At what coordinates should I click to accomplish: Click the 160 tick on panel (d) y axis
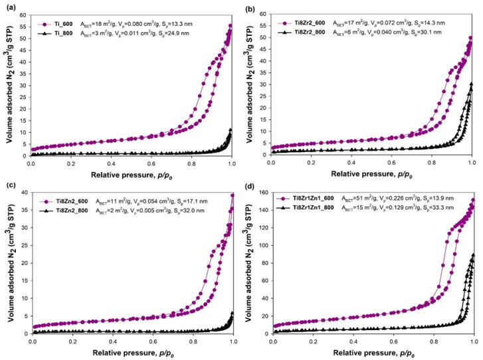click(x=262, y=194)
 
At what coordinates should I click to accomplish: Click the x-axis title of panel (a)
click(x=132, y=173)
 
